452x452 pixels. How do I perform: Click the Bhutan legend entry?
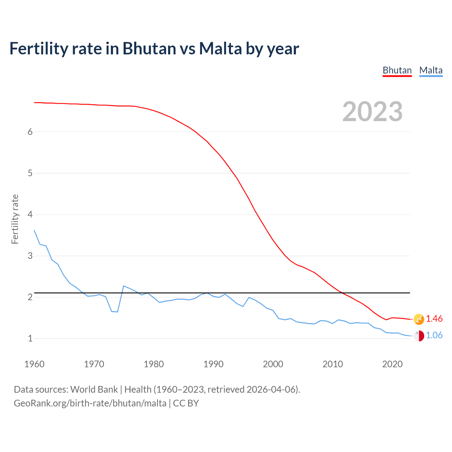coord(397,70)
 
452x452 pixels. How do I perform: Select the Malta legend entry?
coord(431,70)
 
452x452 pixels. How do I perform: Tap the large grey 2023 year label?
coord(373,112)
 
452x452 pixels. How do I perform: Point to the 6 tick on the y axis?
coord(30,132)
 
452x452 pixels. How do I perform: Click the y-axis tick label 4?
coord(30,214)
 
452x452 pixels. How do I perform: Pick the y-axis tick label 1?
coord(30,338)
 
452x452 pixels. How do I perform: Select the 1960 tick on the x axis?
coord(34,364)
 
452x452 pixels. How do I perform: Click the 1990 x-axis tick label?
coord(213,364)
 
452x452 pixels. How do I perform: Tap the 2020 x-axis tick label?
coord(392,364)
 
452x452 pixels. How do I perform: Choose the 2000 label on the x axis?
coord(273,364)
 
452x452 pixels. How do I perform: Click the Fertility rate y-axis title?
coord(15,219)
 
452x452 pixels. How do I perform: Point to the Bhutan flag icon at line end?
coord(419,319)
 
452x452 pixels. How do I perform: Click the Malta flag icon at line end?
coord(419,336)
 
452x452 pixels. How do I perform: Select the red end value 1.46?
coord(434,319)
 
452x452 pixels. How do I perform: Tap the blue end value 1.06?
coord(434,335)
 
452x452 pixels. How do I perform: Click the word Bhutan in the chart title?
coord(149,48)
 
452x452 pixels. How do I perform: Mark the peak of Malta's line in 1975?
coord(124,286)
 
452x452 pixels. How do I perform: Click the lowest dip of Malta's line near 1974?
coord(118,312)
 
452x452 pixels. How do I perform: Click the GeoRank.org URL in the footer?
coord(90,403)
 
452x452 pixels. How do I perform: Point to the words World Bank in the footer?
coord(94,389)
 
